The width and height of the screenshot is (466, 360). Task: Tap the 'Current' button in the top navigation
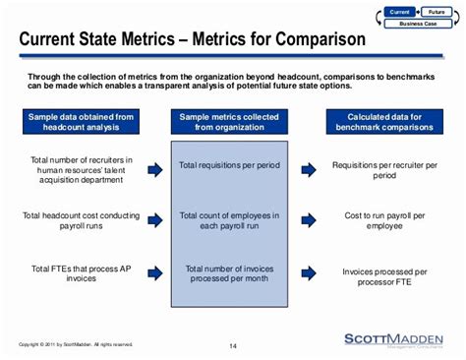pyautogui.click(x=399, y=12)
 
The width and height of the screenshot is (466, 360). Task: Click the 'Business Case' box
pyautogui.click(x=418, y=22)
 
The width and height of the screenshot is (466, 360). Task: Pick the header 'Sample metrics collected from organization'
pyautogui.click(x=228, y=121)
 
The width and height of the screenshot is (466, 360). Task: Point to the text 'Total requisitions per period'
pyautogui.click(x=228, y=169)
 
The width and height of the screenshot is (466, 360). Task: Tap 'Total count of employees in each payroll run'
pyautogui.click(x=228, y=219)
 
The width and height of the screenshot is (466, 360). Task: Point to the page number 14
pyautogui.click(x=233, y=345)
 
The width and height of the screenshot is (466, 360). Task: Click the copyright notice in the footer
pyautogui.click(x=75, y=344)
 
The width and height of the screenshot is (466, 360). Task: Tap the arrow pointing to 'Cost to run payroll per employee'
pyautogui.click(x=310, y=219)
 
